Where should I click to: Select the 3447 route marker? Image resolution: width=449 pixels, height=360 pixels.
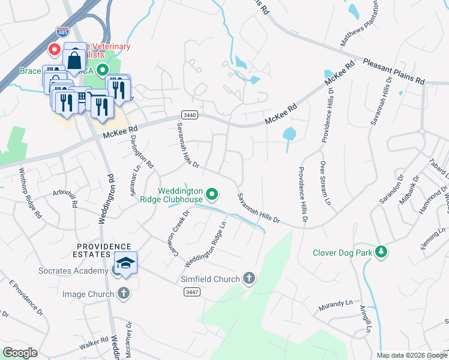coord(191,291)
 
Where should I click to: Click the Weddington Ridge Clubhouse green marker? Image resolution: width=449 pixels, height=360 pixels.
coord(211,194)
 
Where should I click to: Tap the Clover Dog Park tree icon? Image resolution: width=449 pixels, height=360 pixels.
coord(380,252)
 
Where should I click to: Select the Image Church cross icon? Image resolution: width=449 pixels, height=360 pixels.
coord(123,294)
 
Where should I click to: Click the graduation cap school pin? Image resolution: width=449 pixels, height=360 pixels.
coord(126,263)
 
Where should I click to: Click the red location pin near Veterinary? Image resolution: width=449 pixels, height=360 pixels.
coord(53,50)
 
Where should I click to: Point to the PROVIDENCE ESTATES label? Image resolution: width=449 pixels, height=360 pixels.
coord(103,251)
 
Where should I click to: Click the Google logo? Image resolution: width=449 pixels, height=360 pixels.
coord(20,353)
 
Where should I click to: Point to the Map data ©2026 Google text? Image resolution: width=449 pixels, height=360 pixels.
coord(411,355)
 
